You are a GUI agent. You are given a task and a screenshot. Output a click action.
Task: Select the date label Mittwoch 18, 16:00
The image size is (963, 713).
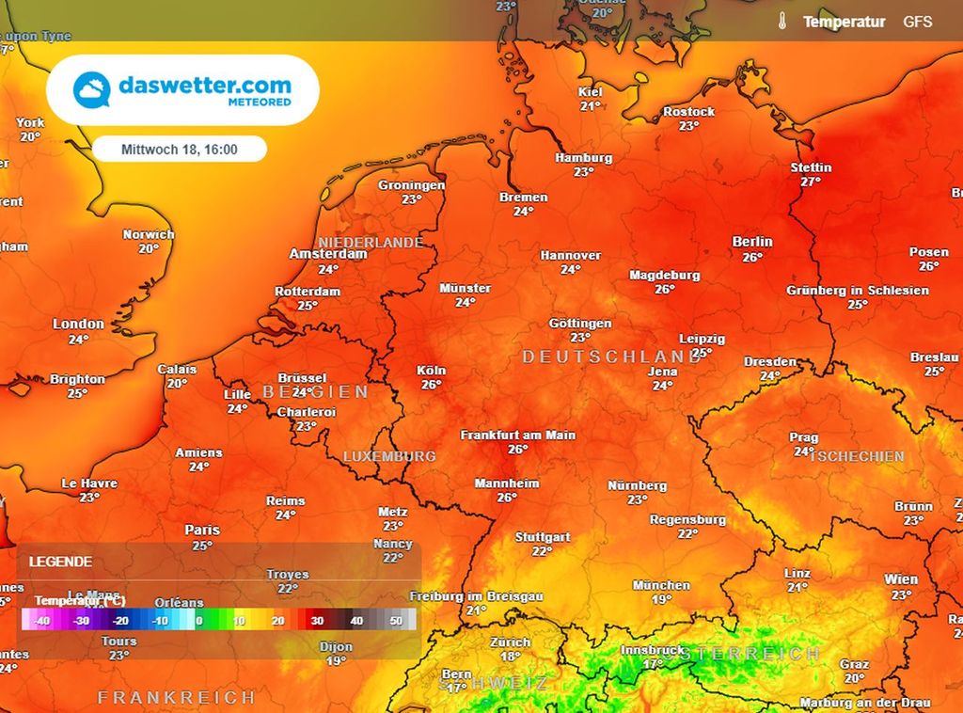179,150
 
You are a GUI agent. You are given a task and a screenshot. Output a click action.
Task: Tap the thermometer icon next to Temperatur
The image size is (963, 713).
781,21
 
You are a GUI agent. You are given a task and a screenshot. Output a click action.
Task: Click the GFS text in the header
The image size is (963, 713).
918,21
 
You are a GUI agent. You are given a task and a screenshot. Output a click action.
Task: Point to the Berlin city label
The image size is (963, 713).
751,242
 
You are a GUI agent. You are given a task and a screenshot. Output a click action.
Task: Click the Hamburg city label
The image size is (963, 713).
583,158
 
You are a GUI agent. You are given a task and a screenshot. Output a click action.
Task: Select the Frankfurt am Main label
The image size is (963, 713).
517,436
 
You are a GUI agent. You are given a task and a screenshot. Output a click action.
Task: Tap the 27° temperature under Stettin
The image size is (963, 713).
811,182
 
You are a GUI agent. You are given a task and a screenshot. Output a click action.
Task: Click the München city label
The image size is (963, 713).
661,585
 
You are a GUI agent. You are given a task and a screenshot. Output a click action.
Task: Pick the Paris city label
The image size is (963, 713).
201,530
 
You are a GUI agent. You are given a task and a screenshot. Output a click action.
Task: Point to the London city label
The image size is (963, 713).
78,324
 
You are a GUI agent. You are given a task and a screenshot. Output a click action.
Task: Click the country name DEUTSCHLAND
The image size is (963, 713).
611,357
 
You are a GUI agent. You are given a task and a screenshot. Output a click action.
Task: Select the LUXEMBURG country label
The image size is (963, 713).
389,456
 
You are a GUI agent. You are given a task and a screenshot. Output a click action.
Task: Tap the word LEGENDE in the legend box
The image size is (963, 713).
60,562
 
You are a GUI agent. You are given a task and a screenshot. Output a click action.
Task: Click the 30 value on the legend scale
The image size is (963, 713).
318,621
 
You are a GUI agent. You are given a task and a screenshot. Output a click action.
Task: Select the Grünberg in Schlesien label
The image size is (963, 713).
857,291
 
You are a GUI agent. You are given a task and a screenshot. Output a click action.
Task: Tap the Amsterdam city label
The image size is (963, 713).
327,254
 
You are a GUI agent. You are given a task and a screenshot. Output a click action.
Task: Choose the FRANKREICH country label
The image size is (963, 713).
176,697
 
